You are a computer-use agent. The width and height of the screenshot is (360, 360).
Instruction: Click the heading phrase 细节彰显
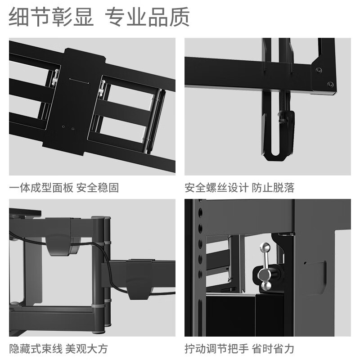51,17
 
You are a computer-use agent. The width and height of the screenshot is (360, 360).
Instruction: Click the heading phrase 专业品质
147,17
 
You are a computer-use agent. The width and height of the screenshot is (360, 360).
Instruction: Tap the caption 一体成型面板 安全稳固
64,188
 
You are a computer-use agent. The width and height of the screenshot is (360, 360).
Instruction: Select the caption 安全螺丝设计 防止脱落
239,188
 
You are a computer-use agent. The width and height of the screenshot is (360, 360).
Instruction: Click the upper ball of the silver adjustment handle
265,247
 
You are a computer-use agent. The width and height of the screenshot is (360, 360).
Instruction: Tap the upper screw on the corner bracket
319,70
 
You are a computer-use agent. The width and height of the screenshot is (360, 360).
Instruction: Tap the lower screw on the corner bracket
330,84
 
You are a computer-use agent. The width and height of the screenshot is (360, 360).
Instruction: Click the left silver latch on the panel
55,77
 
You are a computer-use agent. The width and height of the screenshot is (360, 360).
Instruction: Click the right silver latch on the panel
102,88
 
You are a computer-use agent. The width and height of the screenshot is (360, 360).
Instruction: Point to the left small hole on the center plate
63,126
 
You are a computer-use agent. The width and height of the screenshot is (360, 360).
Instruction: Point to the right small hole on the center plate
73,129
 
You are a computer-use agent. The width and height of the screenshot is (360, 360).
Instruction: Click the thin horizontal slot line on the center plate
79,81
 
